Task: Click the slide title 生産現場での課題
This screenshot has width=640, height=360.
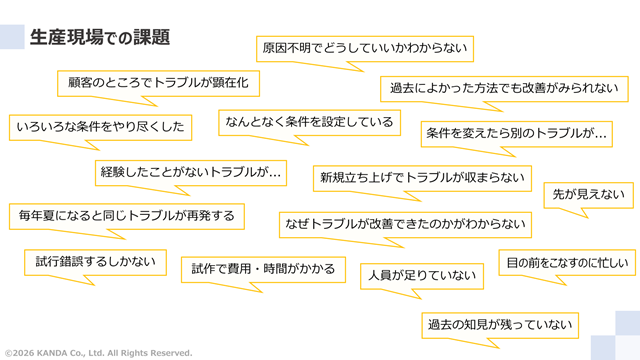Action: (99, 37)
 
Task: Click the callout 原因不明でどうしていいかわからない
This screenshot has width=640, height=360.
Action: (365, 47)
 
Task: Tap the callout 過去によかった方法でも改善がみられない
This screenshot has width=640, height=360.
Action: (505, 88)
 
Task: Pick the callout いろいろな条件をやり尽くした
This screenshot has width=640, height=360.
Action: (100, 127)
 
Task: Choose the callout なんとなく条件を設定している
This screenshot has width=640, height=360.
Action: (308, 122)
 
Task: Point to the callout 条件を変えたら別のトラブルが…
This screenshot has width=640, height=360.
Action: (518, 132)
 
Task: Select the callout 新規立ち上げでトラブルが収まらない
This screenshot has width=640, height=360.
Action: (422, 177)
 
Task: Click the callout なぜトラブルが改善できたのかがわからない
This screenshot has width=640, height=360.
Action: (404, 222)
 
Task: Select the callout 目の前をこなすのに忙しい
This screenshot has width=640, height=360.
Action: (566, 263)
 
